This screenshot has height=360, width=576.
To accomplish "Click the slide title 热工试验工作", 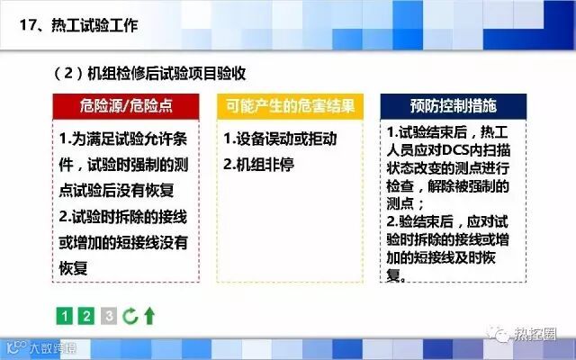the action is coord(94,25).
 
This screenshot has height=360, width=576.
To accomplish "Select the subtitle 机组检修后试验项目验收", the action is coord(166,74).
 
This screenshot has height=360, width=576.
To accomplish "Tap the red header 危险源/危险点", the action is coord(126,106).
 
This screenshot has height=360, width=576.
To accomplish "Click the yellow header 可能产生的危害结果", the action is coord(290,106).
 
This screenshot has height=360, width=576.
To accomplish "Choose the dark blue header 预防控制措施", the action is coord(454,106).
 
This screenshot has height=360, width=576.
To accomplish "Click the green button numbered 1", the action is coord(64,316).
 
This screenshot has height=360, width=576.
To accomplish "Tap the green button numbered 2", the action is coord(86,316).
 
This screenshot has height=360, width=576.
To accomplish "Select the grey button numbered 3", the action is coord(109,316).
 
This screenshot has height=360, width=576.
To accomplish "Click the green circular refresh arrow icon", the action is coord(130,316).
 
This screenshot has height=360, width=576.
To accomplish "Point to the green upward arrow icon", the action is coord(149,316).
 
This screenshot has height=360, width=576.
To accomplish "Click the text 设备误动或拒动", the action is coord(286,139).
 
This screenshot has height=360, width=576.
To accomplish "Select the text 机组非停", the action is coord(265,164).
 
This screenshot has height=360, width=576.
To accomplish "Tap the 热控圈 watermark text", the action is coord(535,334).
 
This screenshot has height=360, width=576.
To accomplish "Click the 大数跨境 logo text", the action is coord(53,347).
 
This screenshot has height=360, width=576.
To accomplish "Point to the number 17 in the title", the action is coord(28,25).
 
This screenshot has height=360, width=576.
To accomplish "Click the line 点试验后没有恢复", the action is coord(116,190).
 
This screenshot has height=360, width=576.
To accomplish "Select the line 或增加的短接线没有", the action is coord(123,242).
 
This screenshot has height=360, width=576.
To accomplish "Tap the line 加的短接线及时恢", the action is coord(441,257).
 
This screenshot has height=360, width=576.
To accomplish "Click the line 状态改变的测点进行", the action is coord(448,168).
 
